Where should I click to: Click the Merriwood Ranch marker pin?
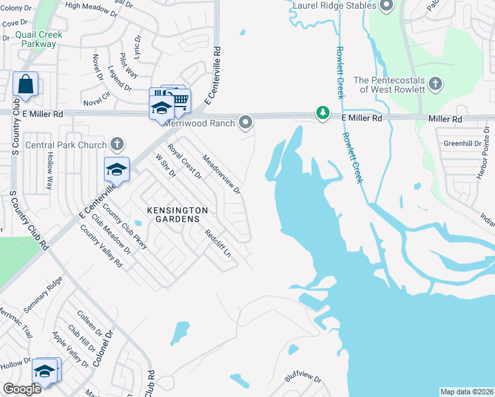[x=246, y=122]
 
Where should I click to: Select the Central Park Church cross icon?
[x=117, y=144]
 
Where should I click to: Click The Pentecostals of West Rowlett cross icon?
[x=435, y=84]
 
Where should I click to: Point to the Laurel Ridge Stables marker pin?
[x=387, y=6]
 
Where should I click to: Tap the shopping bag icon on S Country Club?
[x=25, y=84]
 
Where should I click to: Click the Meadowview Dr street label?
[x=222, y=174]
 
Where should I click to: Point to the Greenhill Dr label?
[x=460, y=143]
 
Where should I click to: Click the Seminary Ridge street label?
[x=42, y=304]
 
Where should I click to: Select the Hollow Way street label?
[x=49, y=171]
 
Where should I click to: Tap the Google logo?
[x=22, y=389]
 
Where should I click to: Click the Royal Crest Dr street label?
[x=184, y=162]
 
